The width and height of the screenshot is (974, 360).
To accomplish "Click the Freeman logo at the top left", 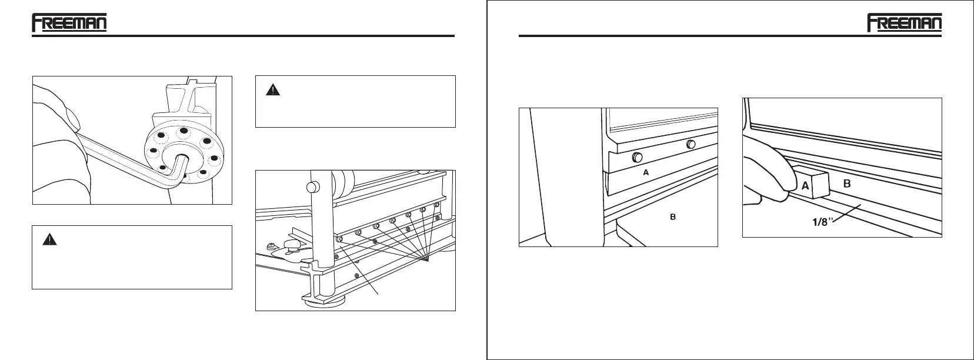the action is (x=69, y=24).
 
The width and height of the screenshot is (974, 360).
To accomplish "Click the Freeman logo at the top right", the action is (x=904, y=24).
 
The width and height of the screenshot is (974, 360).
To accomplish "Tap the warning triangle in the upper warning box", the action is (x=273, y=90).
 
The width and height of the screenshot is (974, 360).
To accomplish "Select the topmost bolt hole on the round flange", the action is (x=184, y=131).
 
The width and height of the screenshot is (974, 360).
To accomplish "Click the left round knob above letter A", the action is (x=636, y=157).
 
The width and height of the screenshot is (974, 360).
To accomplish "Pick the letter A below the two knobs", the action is (x=646, y=173).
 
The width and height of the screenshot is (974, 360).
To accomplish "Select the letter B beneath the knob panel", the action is (x=673, y=217).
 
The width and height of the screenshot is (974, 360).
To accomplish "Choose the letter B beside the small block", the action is (x=848, y=184).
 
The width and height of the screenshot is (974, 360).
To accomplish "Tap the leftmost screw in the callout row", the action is (x=339, y=239).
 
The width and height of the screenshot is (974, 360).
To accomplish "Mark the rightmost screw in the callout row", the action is (x=436, y=205).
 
